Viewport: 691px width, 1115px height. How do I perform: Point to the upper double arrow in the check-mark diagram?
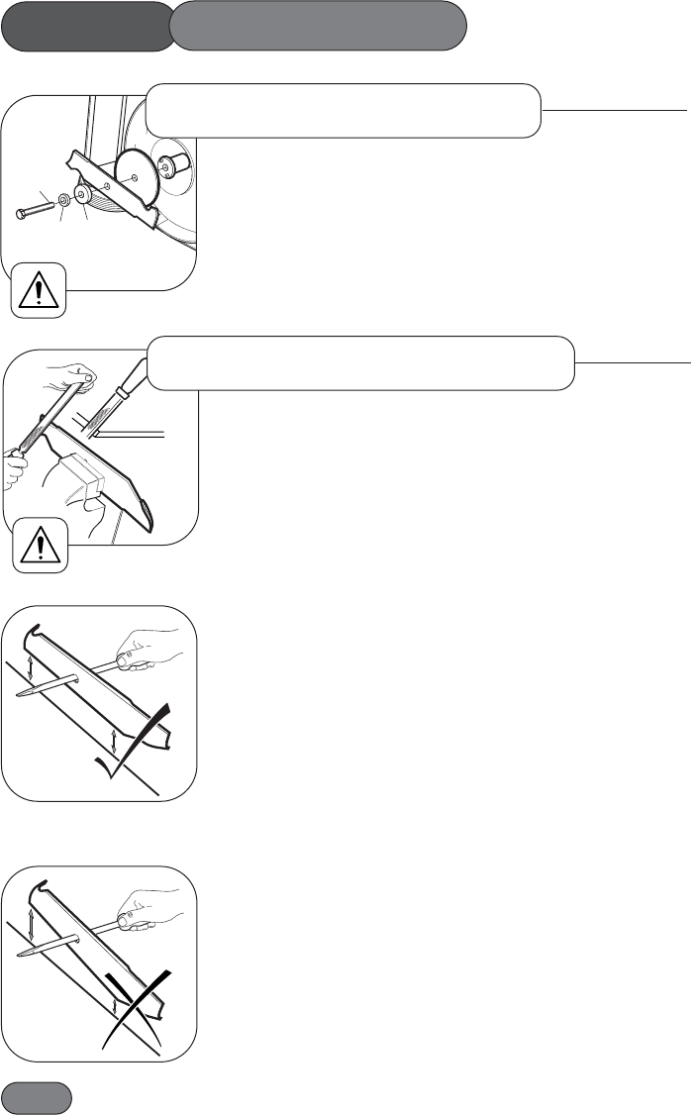point(32,669)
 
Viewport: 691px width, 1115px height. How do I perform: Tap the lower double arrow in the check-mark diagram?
point(117,742)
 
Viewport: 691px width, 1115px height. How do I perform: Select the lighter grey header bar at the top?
point(318,26)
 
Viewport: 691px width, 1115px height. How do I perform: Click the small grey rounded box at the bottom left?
point(37,1097)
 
